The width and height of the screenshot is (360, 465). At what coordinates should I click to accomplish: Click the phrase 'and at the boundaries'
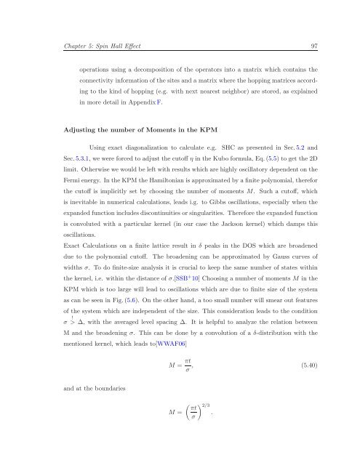tap(73, 399)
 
